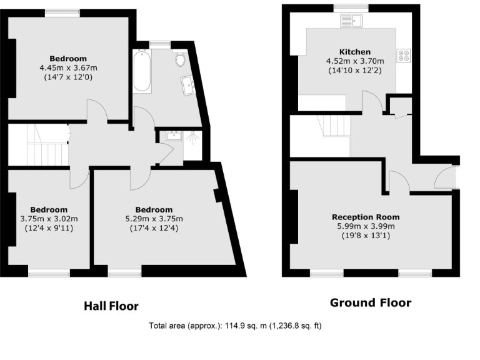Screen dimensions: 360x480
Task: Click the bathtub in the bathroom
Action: [142, 72]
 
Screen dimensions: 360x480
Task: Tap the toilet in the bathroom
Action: [181, 59]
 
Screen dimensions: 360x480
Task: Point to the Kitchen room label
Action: [354, 52]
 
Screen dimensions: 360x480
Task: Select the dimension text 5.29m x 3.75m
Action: [154, 219]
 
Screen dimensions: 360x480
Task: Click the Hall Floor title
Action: [111, 306]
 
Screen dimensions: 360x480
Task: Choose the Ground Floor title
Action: [371, 303]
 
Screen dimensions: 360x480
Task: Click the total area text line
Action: [235, 326]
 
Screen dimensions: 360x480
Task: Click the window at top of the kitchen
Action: [351, 8]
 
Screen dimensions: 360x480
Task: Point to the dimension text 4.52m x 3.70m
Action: [354, 61]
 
